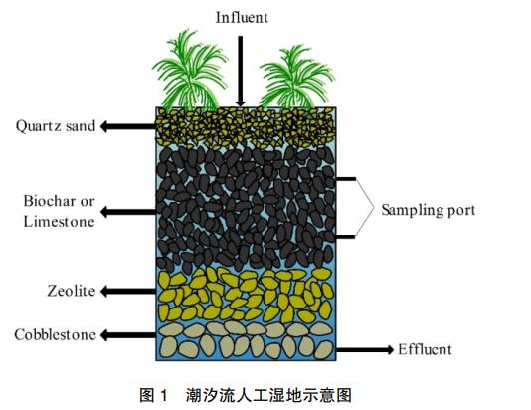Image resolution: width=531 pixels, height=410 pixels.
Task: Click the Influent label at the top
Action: (242, 17)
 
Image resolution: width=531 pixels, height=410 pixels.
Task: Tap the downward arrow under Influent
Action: (240, 72)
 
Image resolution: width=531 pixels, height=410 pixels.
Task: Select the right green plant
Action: (296, 78)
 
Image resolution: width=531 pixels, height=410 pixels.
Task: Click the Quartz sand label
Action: (56, 126)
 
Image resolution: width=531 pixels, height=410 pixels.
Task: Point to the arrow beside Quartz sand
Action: (128, 126)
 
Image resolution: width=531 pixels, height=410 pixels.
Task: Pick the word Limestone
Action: (59, 222)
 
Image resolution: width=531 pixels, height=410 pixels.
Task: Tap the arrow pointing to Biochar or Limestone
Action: (128, 212)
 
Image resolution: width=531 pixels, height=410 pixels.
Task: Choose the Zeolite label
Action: (72, 291)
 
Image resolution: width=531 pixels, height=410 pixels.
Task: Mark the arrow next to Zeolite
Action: (128, 291)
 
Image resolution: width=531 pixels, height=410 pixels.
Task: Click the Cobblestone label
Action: (56, 334)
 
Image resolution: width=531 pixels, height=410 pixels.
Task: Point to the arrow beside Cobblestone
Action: (128, 335)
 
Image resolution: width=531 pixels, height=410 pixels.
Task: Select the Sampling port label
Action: (429, 210)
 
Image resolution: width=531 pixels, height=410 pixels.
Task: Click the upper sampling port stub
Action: (346, 178)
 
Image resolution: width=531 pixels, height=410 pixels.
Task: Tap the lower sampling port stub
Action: (345, 237)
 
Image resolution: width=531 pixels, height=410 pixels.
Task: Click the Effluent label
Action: (425, 349)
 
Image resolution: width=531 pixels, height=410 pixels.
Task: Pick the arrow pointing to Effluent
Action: (365, 349)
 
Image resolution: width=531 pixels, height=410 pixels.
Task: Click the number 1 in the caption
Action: (163, 395)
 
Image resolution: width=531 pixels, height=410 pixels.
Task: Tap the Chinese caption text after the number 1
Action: (268, 395)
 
